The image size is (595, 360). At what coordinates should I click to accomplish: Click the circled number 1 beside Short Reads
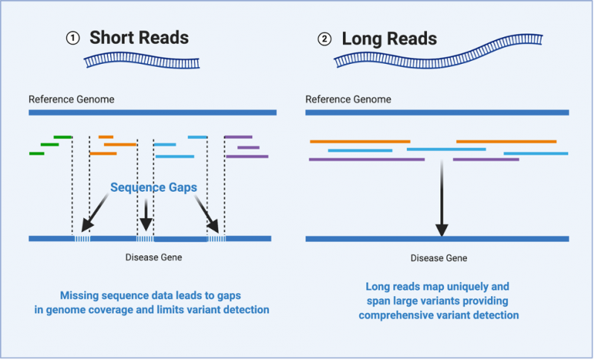(72, 39)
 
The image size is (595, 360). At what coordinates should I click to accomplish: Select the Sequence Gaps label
(153, 188)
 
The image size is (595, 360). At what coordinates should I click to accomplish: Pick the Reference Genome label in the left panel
(71, 99)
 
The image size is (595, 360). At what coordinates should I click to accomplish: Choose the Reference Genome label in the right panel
(348, 99)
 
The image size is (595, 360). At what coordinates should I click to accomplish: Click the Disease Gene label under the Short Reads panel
(153, 257)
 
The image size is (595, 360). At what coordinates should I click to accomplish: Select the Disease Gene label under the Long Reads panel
(439, 257)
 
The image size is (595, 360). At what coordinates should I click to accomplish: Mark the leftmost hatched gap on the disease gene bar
(81, 238)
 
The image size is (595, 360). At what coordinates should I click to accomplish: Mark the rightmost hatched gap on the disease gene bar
(216, 238)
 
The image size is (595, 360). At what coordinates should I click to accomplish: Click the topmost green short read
(62, 137)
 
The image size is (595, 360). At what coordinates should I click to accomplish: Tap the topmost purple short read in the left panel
(238, 137)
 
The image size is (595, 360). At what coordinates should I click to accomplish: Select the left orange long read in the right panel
(359, 141)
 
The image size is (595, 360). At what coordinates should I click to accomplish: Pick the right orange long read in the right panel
(506, 141)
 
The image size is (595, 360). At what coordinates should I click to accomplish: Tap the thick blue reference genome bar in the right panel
(437, 112)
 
